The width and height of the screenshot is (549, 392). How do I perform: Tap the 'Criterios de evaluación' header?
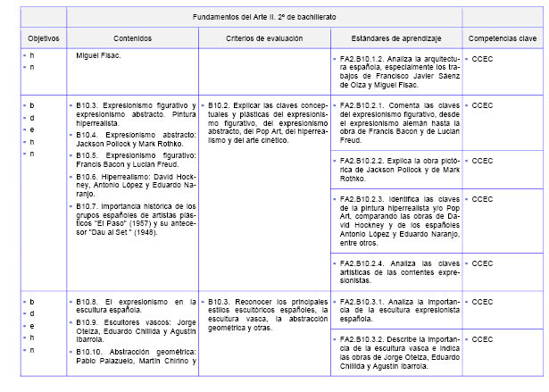click(x=264, y=40)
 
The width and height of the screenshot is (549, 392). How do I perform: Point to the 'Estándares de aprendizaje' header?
click(x=395, y=40)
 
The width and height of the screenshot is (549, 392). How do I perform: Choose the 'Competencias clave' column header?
click(x=503, y=40)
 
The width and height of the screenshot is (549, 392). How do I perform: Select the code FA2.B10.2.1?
click(x=361, y=104)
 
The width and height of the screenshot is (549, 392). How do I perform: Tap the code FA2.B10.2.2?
click(x=361, y=161)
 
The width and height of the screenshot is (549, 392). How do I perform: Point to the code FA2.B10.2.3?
click(x=361, y=196)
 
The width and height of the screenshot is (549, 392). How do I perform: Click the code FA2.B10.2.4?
click(x=361, y=263)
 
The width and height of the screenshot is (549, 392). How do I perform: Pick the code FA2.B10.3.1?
click(x=361, y=301)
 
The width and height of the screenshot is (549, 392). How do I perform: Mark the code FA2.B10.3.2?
click(x=361, y=339)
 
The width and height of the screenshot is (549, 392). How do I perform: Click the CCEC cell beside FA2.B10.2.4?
click(x=482, y=263)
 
